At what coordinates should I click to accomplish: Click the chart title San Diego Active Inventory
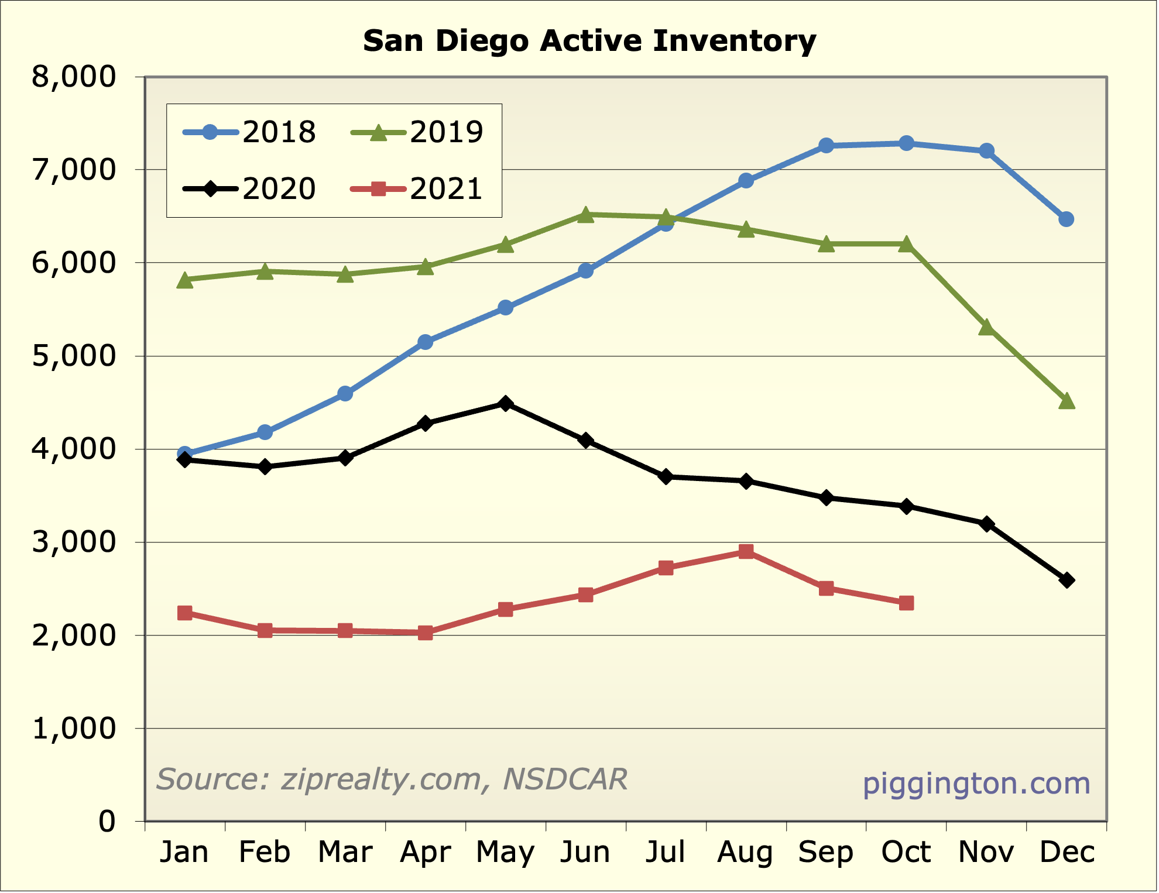[x=589, y=41]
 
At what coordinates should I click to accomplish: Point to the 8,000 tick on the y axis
[x=74, y=77]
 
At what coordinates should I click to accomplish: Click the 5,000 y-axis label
[x=74, y=356]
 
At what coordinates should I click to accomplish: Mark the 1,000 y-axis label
[x=74, y=729]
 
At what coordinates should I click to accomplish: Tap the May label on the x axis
[x=505, y=852]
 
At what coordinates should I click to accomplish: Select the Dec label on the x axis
[x=1067, y=852]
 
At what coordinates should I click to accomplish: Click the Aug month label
[x=745, y=852]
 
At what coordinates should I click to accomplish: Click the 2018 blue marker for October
[x=906, y=143]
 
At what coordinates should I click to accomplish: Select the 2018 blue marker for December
[x=1067, y=219]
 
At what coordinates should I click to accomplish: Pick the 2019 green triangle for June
[x=585, y=215]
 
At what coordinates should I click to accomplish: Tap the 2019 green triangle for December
[x=1067, y=401]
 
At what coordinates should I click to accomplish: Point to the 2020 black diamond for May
[x=506, y=404]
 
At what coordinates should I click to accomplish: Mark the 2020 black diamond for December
[x=1067, y=581]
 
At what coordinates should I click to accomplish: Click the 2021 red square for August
[x=746, y=552]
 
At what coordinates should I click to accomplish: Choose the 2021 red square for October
[x=906, y=603]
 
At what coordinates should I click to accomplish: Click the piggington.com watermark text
[x=976, y=784]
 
